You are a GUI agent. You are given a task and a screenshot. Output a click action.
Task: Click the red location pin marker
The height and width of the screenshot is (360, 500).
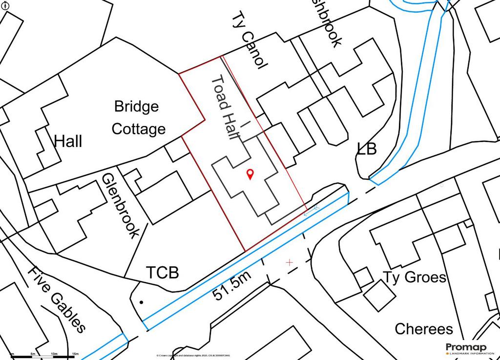pyautogui.click(x=250, y=173)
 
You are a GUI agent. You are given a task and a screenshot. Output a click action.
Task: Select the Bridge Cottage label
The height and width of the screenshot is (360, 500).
pyautogui.click(x=138, y=118)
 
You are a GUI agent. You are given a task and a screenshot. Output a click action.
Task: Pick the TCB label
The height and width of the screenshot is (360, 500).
pyautogui.click(x=163, y=272)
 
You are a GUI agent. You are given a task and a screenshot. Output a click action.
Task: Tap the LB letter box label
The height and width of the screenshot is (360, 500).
pyautogui.click(x=367, y=149)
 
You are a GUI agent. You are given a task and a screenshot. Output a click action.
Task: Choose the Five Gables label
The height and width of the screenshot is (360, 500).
pyautogui.click(x=57, y=299)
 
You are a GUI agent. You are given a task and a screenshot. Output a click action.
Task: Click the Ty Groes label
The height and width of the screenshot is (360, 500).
pyautogui.click(x=415, y=277)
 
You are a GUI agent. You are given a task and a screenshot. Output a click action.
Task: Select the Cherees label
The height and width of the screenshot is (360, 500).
pyautogui.click(x=423, y=329)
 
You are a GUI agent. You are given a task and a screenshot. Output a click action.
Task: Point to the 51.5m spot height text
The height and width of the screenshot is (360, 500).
pyautogui.click(x=231, y=288)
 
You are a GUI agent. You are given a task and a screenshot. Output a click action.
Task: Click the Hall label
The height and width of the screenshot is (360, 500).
pyautogui.click(x=68, y=142)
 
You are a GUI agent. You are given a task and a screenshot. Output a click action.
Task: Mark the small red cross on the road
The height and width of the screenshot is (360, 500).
pyautogui.click(x=289, y=262)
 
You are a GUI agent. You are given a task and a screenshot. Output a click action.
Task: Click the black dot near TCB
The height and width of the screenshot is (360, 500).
pyautogui.click(x=142, y=302)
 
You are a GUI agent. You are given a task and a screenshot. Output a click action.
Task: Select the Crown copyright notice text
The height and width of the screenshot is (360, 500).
pyautogui.click(x=193, y=355)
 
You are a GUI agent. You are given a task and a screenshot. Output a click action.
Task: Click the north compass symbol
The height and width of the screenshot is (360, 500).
pyautogui.click(x=4, y=4)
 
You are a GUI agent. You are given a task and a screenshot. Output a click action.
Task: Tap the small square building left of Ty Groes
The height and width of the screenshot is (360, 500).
pyautogui.click(x=363, y=277)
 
